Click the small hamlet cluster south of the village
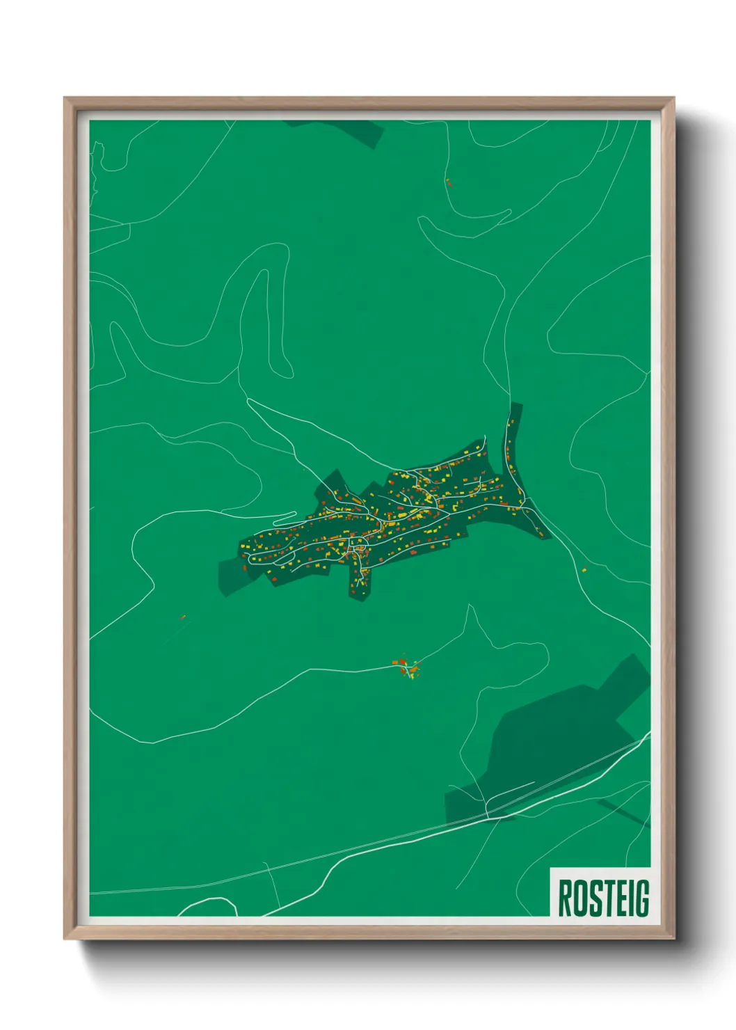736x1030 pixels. pos(407,667)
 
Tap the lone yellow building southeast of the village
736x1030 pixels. pos(584,570)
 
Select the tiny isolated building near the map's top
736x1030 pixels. pos(449,183)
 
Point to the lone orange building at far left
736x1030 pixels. pos(182,617)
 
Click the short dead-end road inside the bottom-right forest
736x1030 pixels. pos(511,790)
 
